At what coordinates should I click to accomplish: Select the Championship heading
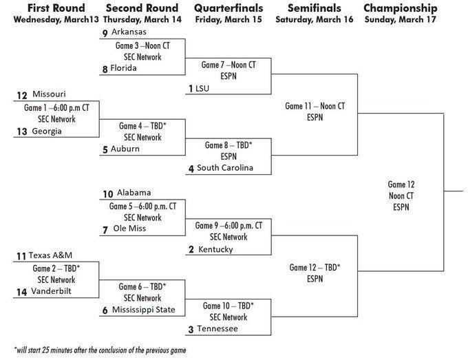[x=400, y=8]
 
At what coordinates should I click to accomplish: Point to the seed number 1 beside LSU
[x=190, y=89]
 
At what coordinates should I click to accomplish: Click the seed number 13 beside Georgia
[x=22, y=131]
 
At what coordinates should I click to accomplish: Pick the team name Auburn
[x=125, y=149]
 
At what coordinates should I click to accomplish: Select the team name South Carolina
[x=225, y=168]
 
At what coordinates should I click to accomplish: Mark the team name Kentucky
[x=215, y=249]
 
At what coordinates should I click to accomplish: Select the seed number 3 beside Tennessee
[x=190, y=330]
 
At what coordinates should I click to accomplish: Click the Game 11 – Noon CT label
[x=315, y=107]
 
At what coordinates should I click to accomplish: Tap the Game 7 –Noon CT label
[x=228, y=65]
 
